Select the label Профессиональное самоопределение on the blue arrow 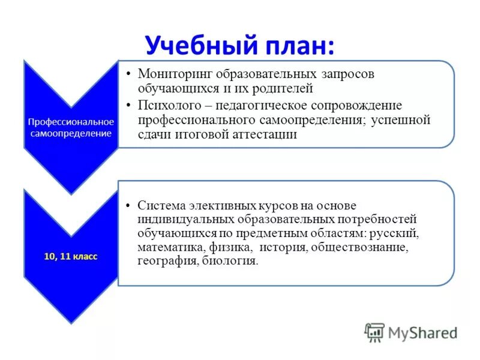click(x=71, y=127)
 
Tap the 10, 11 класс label click(x=70, y=256)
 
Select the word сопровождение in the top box click(x=374, y=105)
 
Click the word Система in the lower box click(x=160, y=205)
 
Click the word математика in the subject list click(x=171, y=247)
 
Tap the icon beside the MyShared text click(x=374, y=332)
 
